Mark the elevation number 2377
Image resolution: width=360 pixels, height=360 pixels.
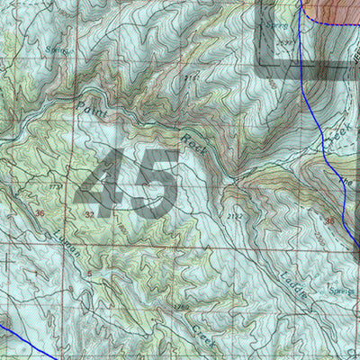(286, 40)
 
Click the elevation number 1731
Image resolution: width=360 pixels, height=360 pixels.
(56, 186)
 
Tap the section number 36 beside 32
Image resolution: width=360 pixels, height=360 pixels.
(39, 212)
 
